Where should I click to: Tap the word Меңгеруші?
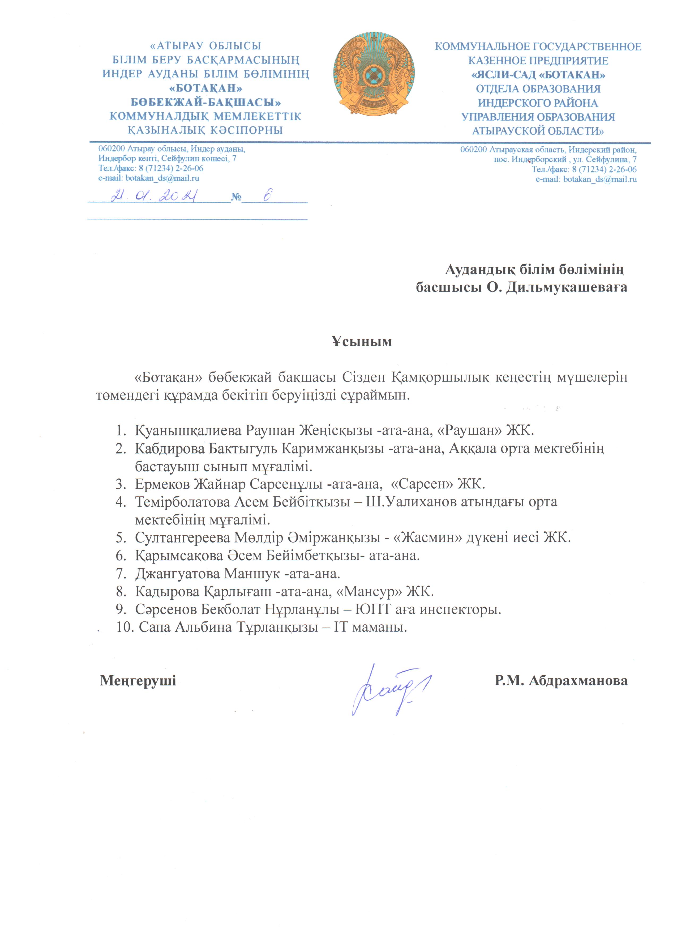[x=138, y=680]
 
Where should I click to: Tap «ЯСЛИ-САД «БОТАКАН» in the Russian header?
[x=538, y=75]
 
